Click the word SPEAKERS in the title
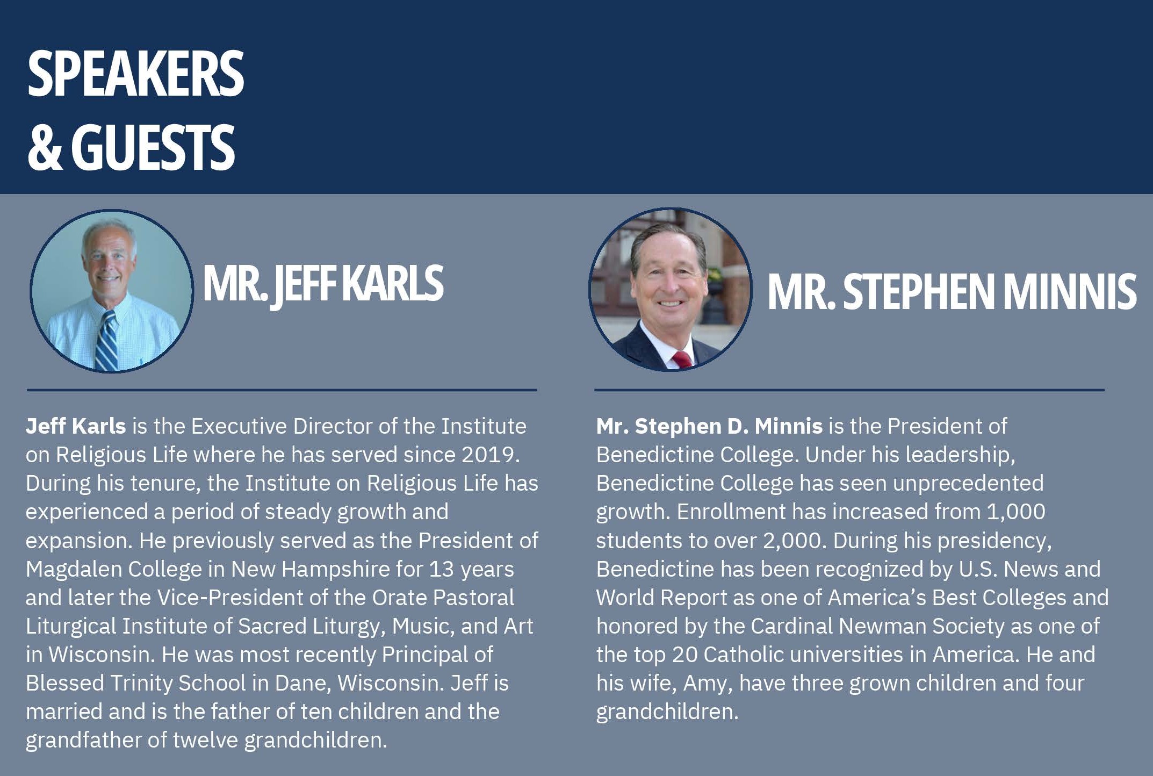136,74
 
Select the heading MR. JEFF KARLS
323,284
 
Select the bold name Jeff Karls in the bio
76,426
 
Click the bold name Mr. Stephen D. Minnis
709,426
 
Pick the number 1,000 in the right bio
1016,512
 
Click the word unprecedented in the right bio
968,484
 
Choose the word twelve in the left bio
205,740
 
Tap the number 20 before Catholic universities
684,655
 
